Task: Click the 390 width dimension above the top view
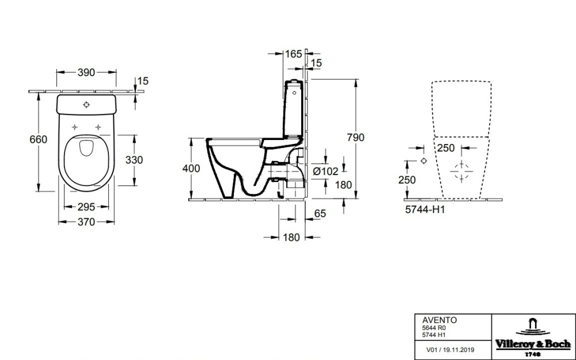[x=86, y=73]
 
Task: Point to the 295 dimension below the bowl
[x=86, y=207]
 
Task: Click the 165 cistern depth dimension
[x=293, y=54]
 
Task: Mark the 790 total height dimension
[x=356, y=138]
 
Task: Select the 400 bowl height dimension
[x=191, y=169]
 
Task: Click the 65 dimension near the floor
[x=320, y=214]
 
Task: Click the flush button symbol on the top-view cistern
[x=86, y=105]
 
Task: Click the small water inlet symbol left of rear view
[x=423, y=161]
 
